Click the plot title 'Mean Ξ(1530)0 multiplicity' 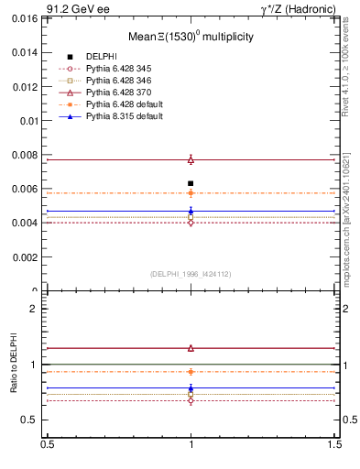click(191, 37)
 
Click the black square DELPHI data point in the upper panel click(191, 183)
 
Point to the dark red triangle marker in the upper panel click(191, 159)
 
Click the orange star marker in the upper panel click(191, 193)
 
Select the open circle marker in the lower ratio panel click(191, 400)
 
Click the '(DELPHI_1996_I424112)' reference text click(191, 274)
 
